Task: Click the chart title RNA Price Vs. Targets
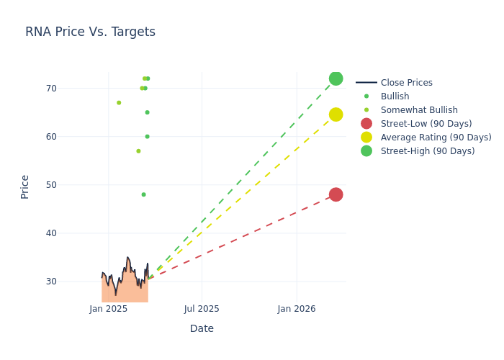point(90,32)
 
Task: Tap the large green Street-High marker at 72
point(336,78)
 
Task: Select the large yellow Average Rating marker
point(336,114)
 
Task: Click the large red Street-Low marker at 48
point(336,194)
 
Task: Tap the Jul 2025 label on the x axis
point(202,309)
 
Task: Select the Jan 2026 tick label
point(296,309)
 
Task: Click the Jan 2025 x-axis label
point(109,309)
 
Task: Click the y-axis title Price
point(25,186)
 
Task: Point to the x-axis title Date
point(202,328)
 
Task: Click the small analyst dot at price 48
point(143,194)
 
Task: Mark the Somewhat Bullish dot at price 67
point(119,103)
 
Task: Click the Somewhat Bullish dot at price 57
point(138,151)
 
